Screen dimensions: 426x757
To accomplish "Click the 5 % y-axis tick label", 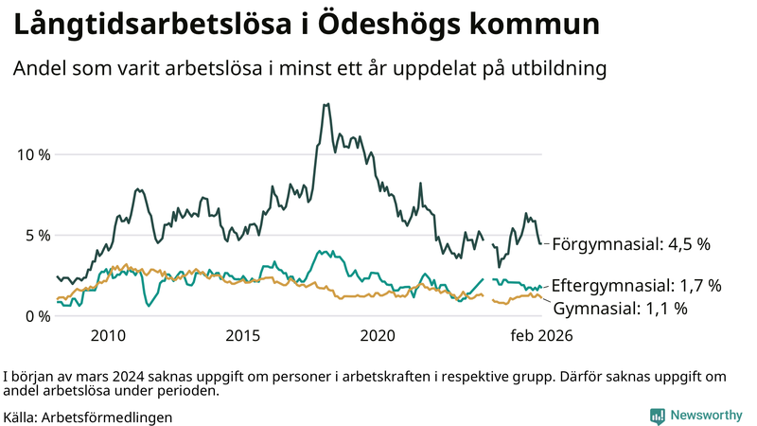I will [x=36, y=235].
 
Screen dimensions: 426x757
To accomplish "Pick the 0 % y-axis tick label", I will [x=36, y=316].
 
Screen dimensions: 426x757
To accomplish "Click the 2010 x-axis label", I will [x=108, y=335].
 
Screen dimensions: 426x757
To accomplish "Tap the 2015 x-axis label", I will [x=243, y=335].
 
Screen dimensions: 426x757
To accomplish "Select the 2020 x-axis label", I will [x=378, y=335].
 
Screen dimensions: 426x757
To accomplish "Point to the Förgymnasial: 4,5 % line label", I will [x=630, y=244].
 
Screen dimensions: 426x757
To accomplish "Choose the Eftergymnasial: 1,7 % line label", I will [x=636, y=285].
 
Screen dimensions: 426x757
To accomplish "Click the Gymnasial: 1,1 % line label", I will [x=620, y=308].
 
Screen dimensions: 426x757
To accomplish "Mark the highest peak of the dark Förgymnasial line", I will [x=326, y=104].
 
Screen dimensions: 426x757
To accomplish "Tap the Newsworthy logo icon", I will [x=657, y=416].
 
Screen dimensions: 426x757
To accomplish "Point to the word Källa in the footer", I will [x=21, y=417].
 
